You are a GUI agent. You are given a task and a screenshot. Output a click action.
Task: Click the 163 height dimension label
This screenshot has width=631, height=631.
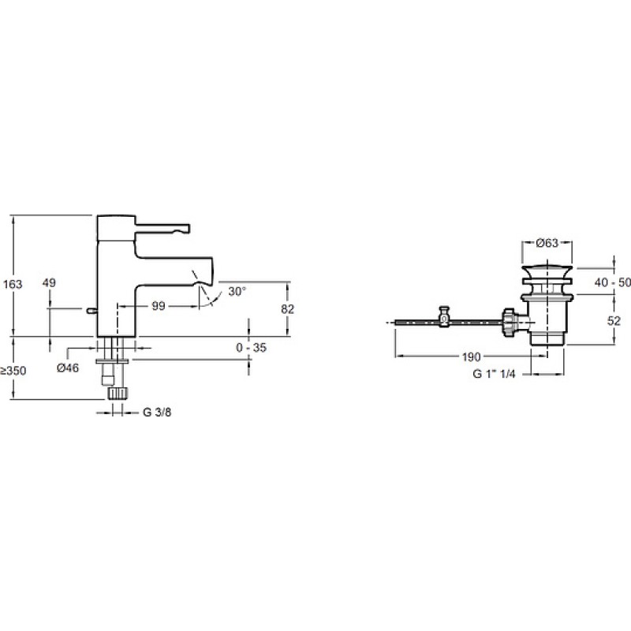[13, 284]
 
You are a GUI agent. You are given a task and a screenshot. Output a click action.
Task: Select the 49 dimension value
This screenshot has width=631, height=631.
[49, 283]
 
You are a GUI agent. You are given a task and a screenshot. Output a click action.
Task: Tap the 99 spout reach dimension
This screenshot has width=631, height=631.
[159, 306]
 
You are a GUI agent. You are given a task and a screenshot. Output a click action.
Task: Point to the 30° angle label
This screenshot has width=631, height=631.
[237, 291]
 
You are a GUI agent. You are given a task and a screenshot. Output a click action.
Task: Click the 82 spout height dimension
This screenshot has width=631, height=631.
[287, 309]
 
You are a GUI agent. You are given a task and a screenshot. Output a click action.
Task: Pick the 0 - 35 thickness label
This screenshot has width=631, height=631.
[251, 347]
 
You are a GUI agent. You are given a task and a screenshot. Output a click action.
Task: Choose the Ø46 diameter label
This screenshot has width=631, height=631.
[68, 368]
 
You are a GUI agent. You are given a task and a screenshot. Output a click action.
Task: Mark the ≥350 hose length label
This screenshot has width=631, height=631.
[13, 371]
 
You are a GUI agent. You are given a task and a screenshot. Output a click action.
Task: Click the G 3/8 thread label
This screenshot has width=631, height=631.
[157, 413]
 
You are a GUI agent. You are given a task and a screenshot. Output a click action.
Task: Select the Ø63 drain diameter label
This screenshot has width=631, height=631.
[547, 243]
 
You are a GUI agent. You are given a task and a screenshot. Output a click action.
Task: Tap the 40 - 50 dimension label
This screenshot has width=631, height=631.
[613, 282]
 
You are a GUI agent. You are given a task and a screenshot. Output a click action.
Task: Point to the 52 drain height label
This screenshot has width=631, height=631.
[614, 321]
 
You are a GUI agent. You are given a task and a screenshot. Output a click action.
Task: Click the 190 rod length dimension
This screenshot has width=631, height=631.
[471, 357]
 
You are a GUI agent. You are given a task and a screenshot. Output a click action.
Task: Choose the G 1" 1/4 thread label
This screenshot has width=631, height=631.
[494, 374]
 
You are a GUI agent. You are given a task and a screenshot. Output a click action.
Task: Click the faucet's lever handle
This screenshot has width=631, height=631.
[162, 228]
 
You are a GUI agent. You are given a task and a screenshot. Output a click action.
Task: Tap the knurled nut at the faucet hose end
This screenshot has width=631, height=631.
[118, 393]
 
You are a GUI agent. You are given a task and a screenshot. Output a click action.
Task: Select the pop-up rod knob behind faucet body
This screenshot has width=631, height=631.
[91, 310]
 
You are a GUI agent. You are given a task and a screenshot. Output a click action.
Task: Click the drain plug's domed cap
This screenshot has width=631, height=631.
[547, 271]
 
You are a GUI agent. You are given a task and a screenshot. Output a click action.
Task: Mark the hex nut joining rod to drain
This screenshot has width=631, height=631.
[509, 321]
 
